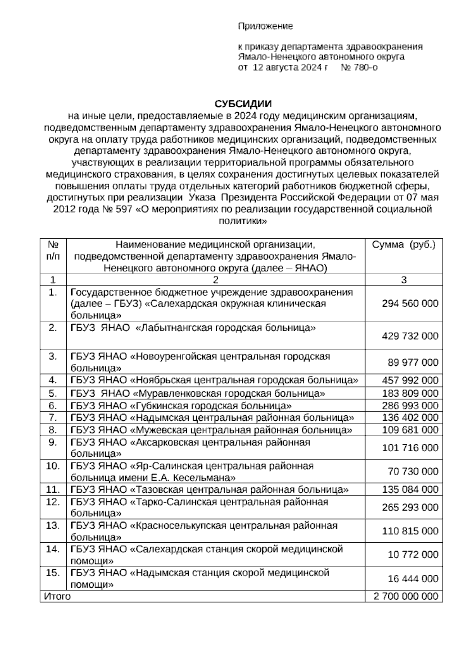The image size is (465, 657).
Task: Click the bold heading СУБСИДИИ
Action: click(243, 104)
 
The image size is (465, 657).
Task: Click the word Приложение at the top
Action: click(265, 26)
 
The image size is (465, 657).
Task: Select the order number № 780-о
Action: click(359, 67)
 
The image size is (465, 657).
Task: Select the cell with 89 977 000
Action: click(413, 363)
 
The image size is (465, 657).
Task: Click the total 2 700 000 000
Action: click(405, 596)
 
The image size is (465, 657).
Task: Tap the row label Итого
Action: click(57, 596)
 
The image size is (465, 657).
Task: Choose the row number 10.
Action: click(53, 466)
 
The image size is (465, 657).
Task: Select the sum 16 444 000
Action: click(413, 579)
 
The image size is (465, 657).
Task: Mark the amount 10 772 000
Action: click(413, 555)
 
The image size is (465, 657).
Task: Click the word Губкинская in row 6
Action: click(163, 406)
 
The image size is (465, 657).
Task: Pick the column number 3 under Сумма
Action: click(403, 280)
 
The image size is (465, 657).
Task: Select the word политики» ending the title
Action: click(243, 221)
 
